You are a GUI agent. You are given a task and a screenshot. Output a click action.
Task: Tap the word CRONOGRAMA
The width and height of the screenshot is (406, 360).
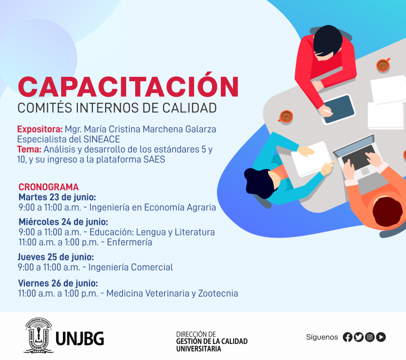click(48, 187)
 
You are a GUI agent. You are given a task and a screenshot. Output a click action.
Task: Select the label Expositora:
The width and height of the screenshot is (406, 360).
click(40, 129)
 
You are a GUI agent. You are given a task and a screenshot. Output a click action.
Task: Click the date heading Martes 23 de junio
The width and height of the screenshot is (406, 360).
click(57, 197)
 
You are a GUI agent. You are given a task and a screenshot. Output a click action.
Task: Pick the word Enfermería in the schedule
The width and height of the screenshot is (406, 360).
click(130, 242)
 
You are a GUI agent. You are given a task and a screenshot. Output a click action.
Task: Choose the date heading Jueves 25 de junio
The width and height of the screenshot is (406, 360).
click(56, 257)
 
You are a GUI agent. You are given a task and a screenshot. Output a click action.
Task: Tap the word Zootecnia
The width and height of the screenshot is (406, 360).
click(218, 293)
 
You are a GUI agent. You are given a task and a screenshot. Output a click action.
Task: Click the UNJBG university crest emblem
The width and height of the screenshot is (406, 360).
click(38, 336)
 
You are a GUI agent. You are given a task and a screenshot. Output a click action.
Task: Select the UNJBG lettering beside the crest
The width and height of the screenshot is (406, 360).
click(80, 338)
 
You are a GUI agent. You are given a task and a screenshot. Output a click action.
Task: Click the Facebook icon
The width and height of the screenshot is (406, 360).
click(348, 337)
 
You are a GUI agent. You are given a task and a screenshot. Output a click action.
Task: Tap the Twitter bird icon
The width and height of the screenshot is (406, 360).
click(359, 337)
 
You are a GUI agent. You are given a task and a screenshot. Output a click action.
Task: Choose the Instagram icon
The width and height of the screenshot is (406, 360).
click(370, 337)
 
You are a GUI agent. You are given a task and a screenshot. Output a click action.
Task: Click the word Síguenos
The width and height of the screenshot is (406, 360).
click(322, 337)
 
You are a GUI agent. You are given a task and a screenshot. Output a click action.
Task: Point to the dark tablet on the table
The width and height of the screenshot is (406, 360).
click(339, 109)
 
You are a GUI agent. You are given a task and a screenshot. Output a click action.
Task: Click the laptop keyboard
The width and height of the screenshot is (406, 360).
click(359, 157)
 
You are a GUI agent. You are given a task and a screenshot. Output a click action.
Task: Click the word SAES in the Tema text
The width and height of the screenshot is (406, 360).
click(154, 160)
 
